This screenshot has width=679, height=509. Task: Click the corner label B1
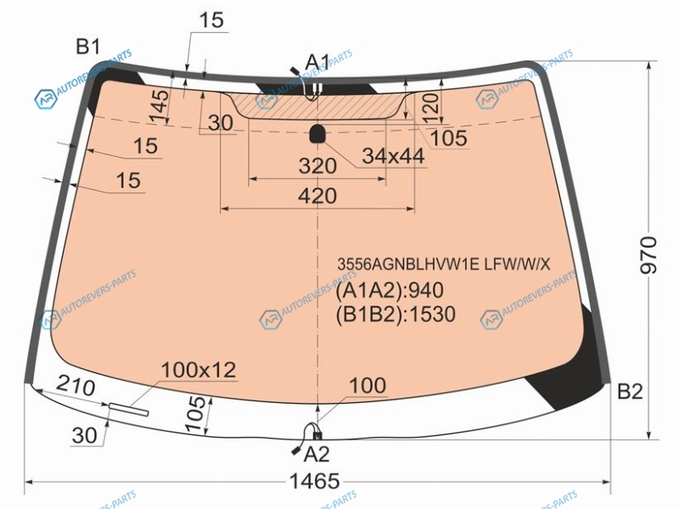tap(88, 47)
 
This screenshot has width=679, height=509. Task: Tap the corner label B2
tap(630, 391)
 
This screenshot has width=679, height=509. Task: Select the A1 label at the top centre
tap(317, 62)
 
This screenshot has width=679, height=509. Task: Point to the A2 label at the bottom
tap(317, 454)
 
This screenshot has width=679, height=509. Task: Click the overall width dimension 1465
tap(314, 481)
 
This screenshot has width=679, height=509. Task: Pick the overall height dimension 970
tap(648, 255)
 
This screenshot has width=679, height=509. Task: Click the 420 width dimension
tap(317, 196)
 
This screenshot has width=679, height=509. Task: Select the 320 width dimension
tap(317, 165)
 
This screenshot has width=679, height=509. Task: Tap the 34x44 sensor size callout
tap(393, 156)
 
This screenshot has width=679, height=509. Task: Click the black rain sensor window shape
tap(317, 134)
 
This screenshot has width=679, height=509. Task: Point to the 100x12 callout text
tap(199, 370)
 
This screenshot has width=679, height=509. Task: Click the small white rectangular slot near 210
tap(129, 409)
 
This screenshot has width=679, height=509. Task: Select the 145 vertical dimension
tap(159, 107)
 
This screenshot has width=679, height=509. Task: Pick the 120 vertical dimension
tap(430, 108)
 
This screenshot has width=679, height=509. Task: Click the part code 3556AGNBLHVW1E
tap(408, 264)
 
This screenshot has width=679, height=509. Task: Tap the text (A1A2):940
tap(390, 290)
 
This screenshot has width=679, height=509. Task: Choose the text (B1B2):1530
tap(396, 314)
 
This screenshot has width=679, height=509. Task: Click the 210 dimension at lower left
tap(76, 385)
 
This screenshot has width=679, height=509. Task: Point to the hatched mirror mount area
tap(317, 105)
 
